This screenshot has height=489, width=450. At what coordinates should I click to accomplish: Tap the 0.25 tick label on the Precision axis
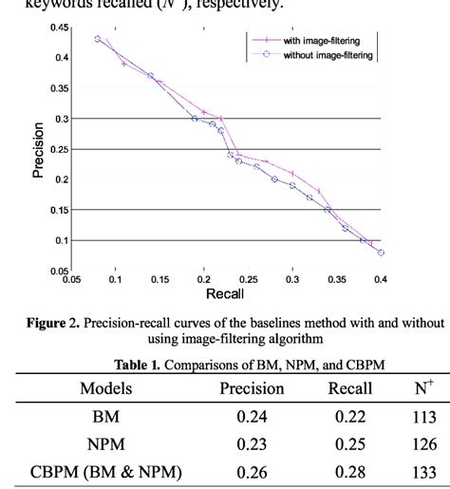[x=56, y=149]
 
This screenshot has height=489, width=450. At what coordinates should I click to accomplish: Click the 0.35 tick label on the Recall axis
[x=336, y=280]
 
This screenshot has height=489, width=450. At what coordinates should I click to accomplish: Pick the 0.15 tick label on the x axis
[x=159, y=280]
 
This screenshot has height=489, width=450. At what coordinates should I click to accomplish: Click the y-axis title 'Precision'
[x=39, y=150]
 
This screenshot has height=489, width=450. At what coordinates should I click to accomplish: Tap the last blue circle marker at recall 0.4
[x=381, y=253]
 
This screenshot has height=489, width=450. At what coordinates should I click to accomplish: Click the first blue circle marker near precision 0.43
[x=98, y=39]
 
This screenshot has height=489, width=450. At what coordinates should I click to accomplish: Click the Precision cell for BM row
[x=253, y=416]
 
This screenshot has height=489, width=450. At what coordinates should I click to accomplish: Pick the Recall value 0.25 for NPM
[x=350, y=442]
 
